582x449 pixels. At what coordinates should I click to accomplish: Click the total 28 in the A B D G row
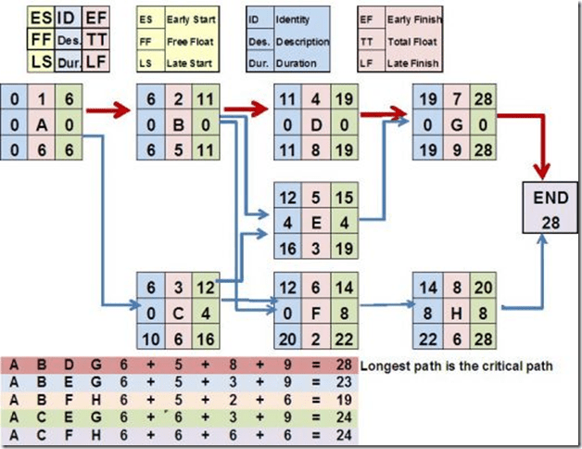click(x=342, y=366)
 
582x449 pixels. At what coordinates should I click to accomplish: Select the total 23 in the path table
click(x=342, y=382)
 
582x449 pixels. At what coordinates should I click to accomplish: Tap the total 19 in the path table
click(x=342, y=398)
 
